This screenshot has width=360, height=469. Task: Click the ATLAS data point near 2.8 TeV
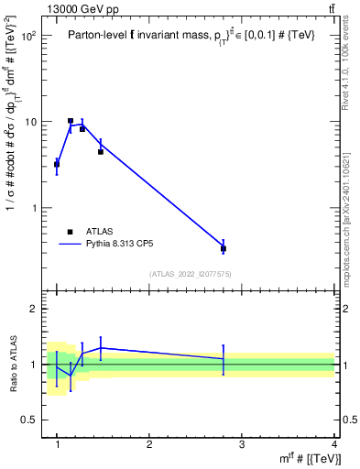click(x=224, y=248)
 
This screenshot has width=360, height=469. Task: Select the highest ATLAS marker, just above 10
click(x=71, y=121)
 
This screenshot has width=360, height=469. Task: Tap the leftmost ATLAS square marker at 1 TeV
click(x=57, y=165)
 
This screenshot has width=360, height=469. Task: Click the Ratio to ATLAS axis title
click(x=13, y=365)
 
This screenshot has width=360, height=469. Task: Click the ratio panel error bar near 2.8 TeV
click(x=224, y=359)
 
